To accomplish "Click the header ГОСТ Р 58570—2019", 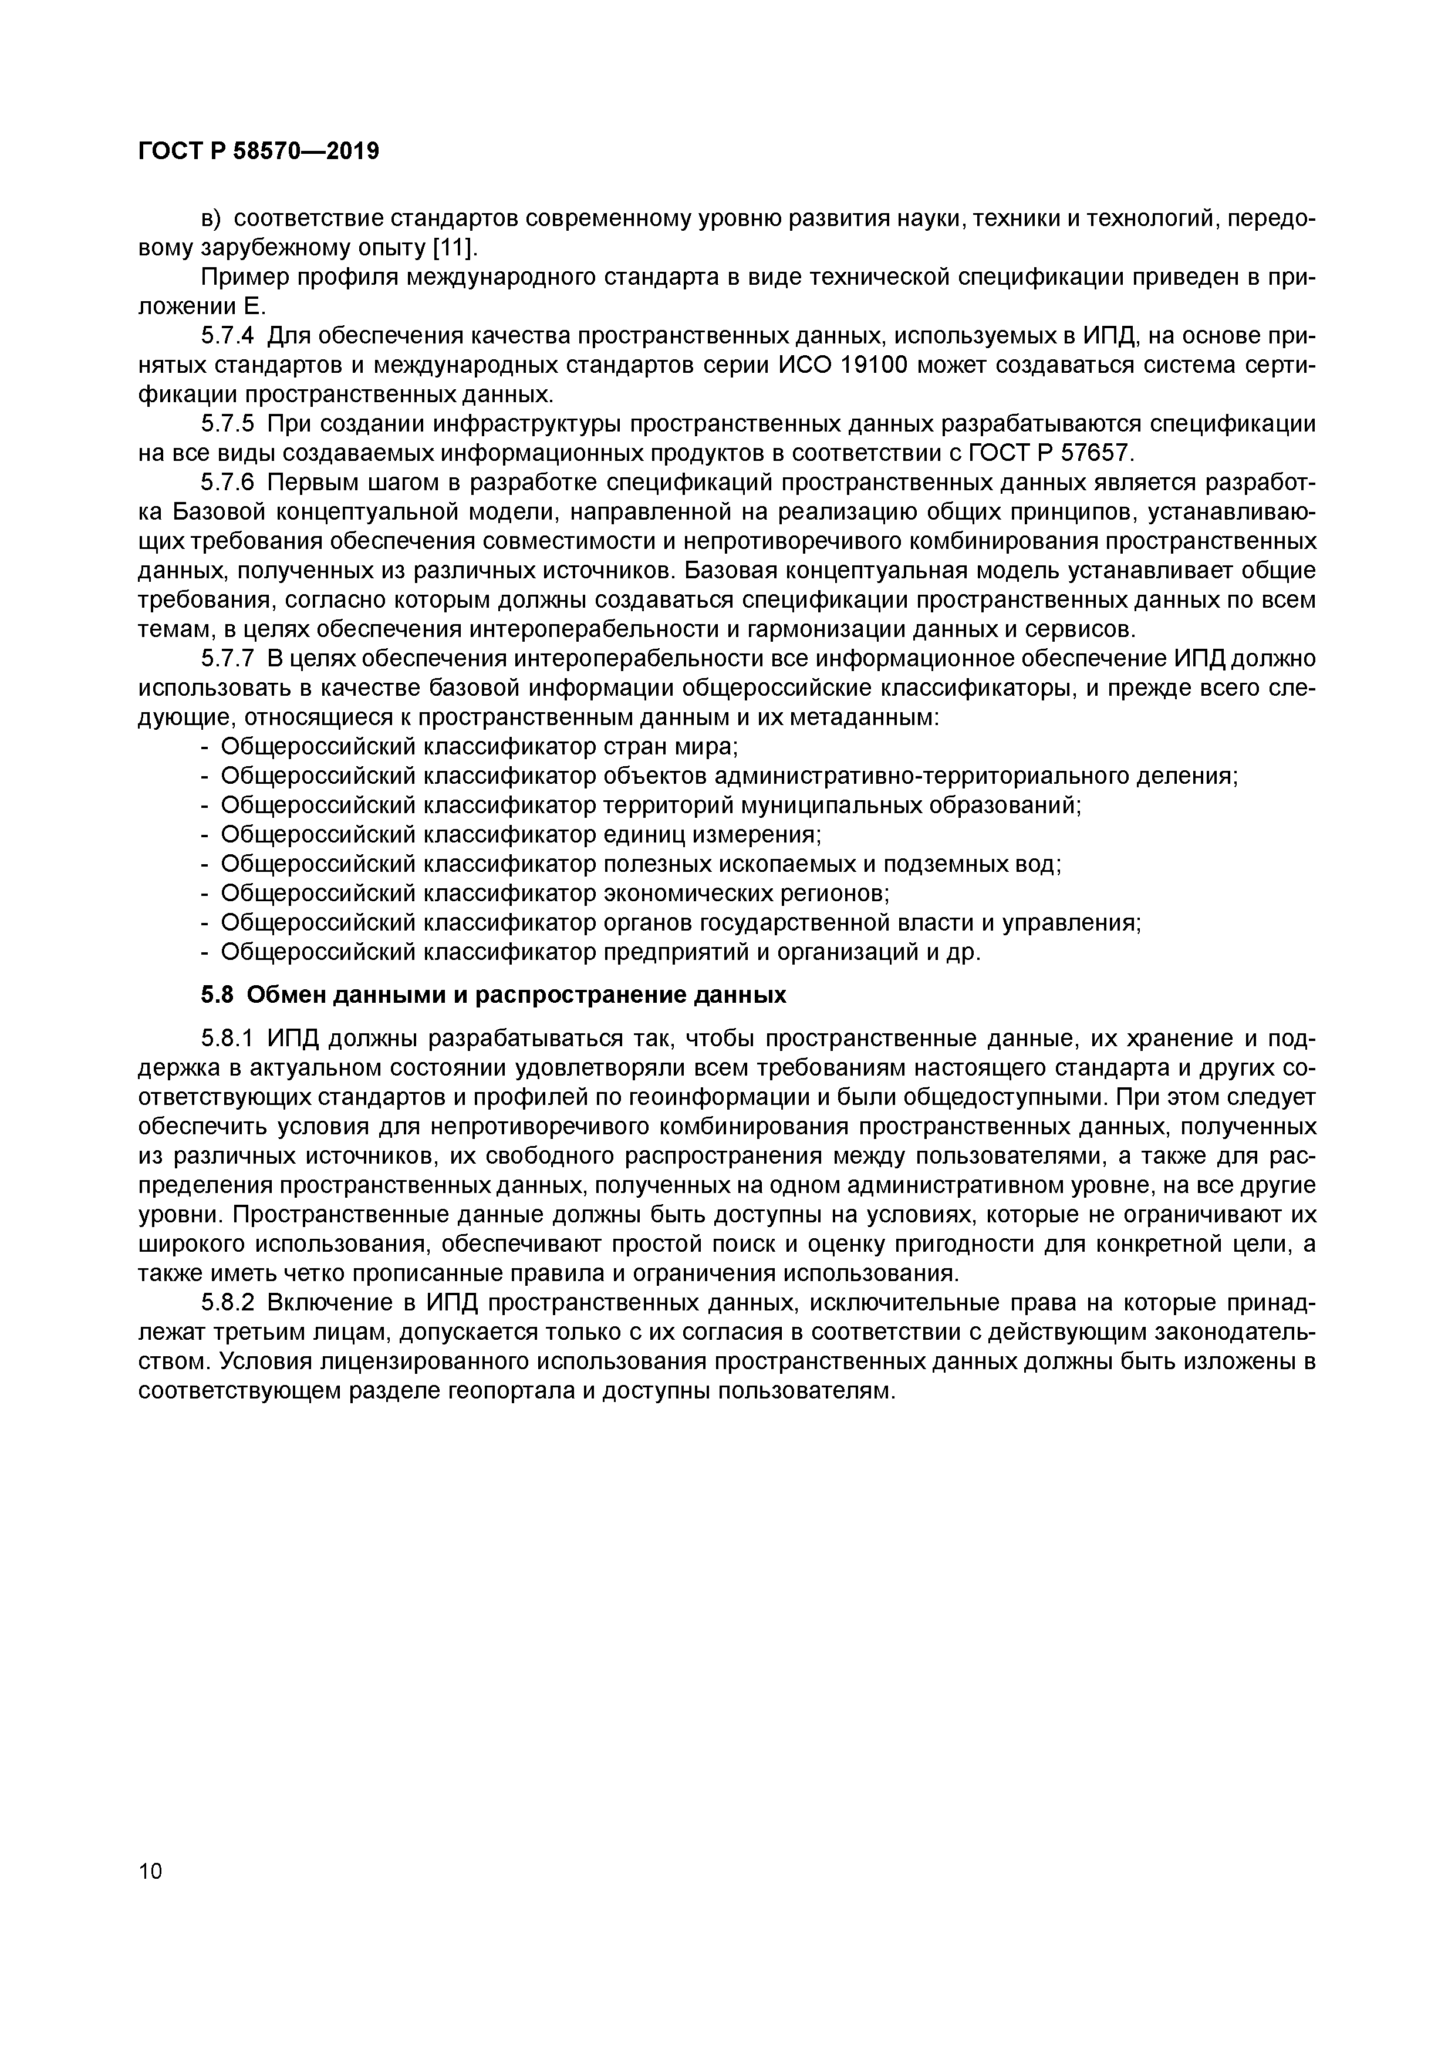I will click(x=259, y=151).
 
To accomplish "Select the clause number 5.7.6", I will click(x=228, y=483).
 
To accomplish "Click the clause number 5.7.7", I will click(x=228, y=659).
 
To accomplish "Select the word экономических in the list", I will click(x=691, y=894).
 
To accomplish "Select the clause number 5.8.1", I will click(x=228, y=1039).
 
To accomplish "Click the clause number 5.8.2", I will click(x=228, y=1303).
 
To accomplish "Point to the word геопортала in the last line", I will click(x=508, y=1391).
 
